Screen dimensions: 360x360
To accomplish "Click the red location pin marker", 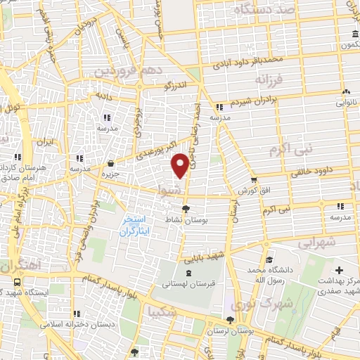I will coord(180,165).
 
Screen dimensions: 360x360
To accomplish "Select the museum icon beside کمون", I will coord(354,36).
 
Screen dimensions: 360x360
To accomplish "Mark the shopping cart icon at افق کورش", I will coord(254,180).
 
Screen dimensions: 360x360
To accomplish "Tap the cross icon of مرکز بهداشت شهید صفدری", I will coord(340,270).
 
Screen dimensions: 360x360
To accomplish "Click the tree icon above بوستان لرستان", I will coord(231,319).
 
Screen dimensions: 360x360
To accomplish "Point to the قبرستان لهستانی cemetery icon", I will coord(187,272).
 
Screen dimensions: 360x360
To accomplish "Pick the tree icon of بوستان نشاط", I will coord(185,209).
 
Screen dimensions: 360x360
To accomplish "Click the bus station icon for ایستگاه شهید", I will coord(16,281).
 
